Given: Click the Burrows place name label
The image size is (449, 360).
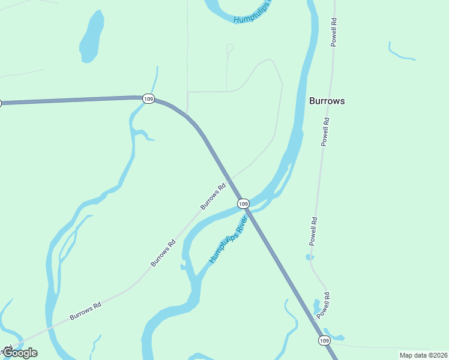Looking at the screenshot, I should (327, 101).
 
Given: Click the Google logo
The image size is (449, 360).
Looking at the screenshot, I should (20, 353).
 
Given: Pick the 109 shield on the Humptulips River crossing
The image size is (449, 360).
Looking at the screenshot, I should (243, 204).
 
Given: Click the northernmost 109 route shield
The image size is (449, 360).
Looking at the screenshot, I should (149, 98).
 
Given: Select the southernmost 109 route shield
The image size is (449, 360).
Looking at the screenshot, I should (324, 340).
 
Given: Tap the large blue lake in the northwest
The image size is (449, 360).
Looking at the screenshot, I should (92, 37).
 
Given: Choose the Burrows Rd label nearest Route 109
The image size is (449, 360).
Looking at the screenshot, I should (213, 196).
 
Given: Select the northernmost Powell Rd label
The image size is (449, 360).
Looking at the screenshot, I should (334, 32).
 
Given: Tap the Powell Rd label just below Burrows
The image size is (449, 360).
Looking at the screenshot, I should (325, 132).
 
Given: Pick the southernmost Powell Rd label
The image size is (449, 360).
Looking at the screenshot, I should (324, 305).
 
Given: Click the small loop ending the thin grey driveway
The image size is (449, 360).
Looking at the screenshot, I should (230, 47).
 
